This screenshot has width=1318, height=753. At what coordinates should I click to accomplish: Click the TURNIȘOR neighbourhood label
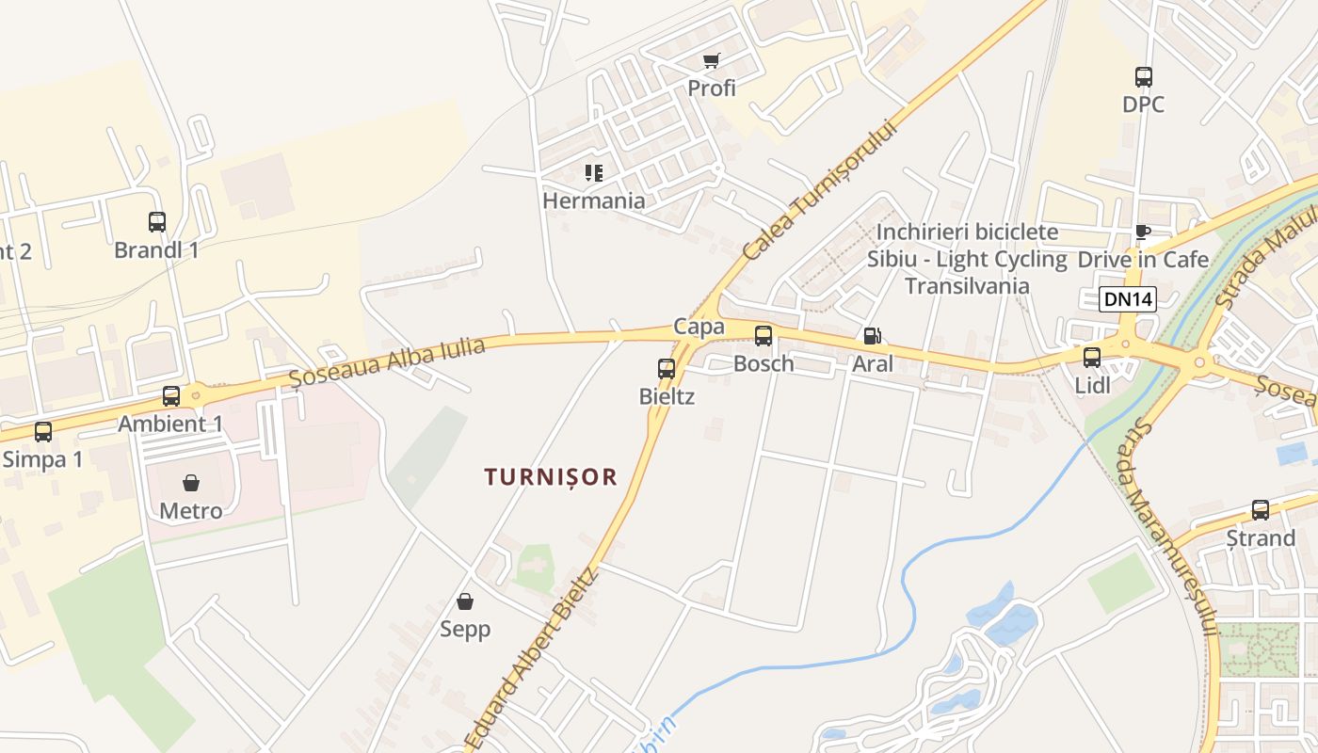coord(551,477)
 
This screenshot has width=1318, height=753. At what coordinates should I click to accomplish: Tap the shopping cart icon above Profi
coord(712,61)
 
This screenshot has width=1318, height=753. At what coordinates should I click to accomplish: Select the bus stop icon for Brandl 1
coord(157,222)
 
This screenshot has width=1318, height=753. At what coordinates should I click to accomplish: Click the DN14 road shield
coord(1127,299)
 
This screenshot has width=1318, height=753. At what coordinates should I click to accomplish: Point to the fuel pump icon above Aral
coord(873,335)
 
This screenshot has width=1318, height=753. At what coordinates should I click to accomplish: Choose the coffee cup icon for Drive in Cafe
coord(1143,232)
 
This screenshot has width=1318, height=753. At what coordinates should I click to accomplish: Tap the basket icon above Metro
coord(191,483)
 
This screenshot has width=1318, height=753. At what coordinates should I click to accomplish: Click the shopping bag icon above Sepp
coord(465,601)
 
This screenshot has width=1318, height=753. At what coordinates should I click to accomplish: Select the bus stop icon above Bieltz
coord(667,368)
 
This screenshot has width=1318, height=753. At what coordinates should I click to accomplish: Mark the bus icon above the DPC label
coord(1144,77)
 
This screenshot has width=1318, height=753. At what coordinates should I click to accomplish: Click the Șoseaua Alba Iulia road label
coord(387,361)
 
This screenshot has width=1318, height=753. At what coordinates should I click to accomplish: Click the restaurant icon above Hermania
coord(594,173)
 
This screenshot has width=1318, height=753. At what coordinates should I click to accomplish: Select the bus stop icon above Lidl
coord(1092,358)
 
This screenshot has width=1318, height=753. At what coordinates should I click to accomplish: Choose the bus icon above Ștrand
coord(1261,510)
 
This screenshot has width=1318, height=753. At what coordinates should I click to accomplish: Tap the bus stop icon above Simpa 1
coord(43,432)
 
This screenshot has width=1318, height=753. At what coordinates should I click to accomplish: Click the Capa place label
coord(699,327)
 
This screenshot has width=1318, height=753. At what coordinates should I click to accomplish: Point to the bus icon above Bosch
coord(763,335)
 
